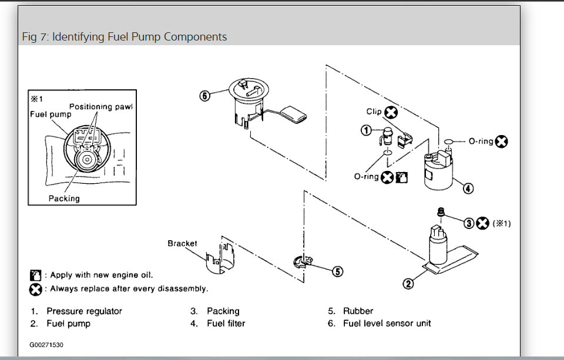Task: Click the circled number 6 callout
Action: tap(204, 96)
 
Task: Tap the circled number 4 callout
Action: tap(468, 189)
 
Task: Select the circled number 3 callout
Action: tap(469, 223)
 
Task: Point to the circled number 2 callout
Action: tap(408, 284)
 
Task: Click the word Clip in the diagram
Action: tap(374, 112)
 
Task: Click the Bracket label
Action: tap(182, 243)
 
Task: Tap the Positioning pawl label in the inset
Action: tap(101, 106)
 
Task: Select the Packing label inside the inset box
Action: tap(63, 198)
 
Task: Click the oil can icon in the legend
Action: tap(35, 275)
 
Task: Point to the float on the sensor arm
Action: tap(294, 113)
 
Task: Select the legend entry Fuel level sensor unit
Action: tap(387, 323)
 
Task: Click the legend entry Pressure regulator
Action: tap(84, 311)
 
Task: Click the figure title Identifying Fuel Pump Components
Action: tap(124, 37)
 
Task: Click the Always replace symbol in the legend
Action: tap(35, 289)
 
